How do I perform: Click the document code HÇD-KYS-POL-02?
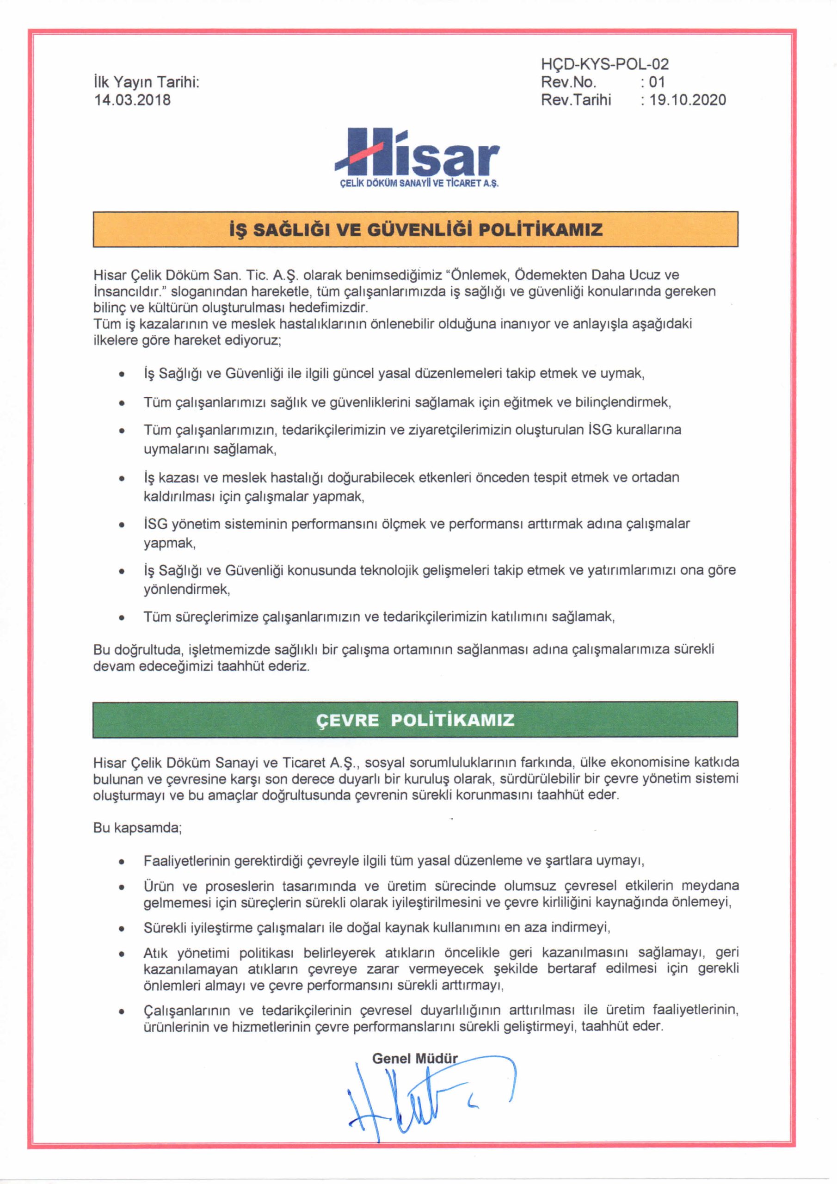(x=604, y=64)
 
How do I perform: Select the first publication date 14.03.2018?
(x=132, y=99)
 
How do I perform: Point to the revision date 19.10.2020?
(x=688, y=99)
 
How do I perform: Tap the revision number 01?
(x=657, y=82)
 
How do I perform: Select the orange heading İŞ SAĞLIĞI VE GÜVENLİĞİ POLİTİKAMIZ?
(x=416, y=229)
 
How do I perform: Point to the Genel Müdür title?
(x=415, y=1058)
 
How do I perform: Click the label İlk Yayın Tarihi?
(x=147, y=82)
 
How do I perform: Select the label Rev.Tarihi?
(x=576, y=99)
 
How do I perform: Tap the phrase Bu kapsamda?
(x=137, y=828)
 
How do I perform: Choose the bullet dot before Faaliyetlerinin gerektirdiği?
(x=122, y=862)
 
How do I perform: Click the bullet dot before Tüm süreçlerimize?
(x=122, y=617)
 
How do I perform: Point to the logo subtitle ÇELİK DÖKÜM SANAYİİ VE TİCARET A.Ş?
(x=419, y=184)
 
